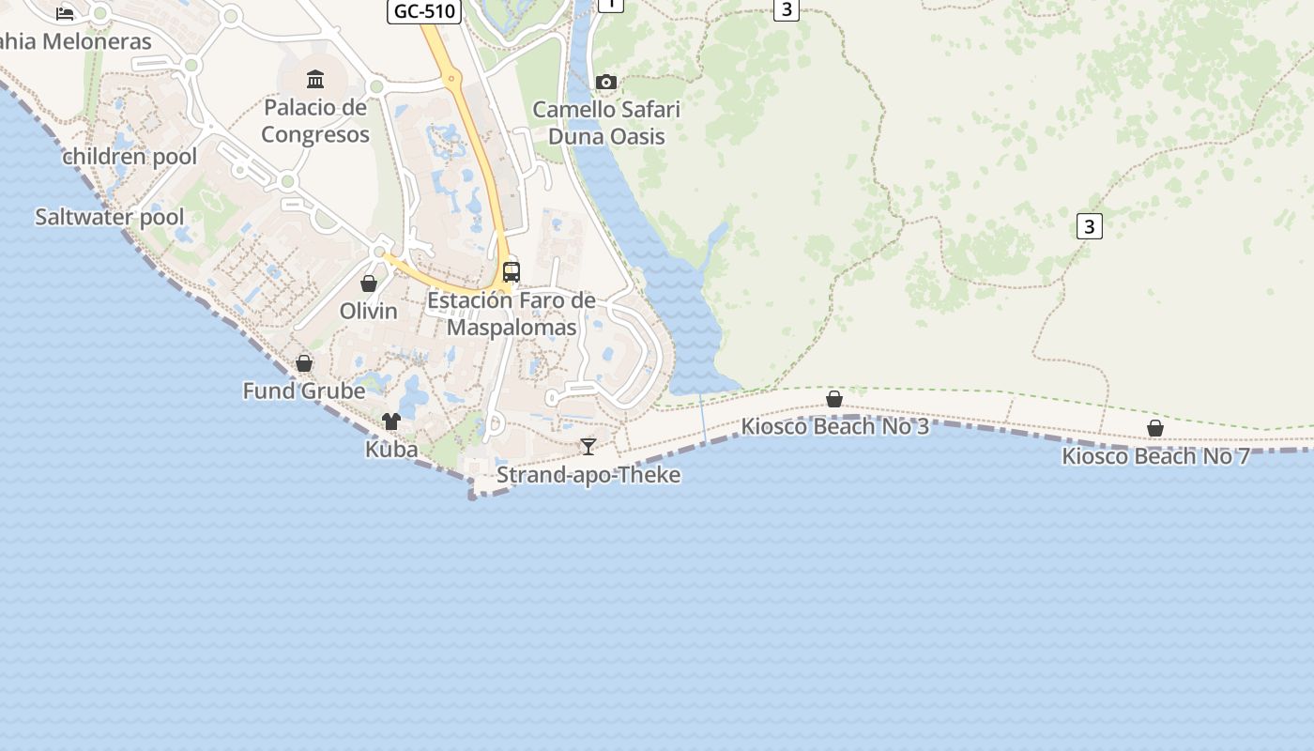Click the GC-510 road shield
(424, 11)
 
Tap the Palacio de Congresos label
(315, 121)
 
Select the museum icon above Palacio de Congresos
(315, 79)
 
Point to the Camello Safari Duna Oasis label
(606, 123)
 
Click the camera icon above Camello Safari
(606, 83)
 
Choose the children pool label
(130, 157)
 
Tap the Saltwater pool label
(110, 217)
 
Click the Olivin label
(369, 311)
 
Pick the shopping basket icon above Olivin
(369, 283)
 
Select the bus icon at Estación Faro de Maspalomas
(512, 272)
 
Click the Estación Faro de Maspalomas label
(512, 314)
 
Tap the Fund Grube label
(304, 391)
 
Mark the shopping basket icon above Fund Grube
(304, 362)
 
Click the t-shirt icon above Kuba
(391, 421)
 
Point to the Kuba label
(391, 450)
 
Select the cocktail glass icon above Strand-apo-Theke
(588, 446)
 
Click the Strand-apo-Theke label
(588, 475)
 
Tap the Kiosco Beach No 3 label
(835, 427)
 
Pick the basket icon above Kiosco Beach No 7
(1155, 428)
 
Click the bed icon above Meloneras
(65, 13)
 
